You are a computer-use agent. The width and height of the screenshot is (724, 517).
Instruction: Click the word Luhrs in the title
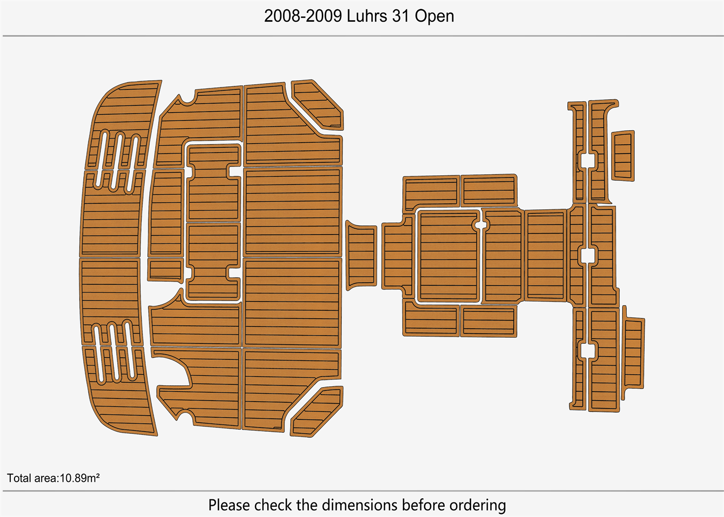click(367, 16)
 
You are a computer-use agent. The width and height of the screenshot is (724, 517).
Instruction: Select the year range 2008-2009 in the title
click(303, 16)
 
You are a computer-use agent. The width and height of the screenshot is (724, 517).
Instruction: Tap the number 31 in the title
click(401, 16)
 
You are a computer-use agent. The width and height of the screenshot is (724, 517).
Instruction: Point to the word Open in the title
click(434, 17)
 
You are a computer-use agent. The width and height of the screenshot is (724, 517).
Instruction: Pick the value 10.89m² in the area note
click(80, 478)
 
